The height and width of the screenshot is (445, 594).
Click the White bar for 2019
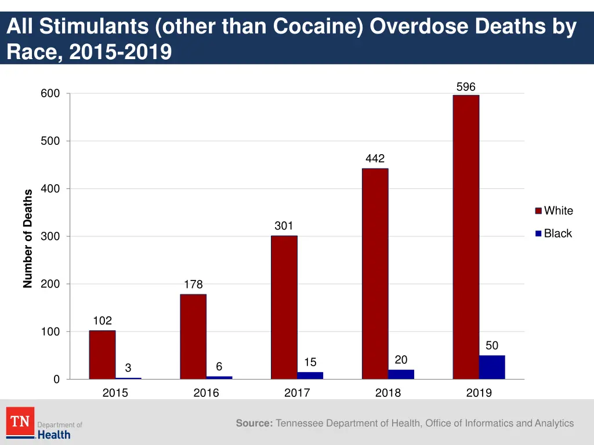click(466, 237)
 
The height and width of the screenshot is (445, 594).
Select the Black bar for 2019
click(492, 367)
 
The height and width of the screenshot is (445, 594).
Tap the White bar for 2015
click(102, 355)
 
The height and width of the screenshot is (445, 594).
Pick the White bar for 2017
click(284, 307)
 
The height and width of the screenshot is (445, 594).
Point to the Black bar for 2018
click(401, 374)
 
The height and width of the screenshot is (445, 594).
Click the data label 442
click(375, 159)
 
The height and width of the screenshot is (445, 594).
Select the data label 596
click(466, 87)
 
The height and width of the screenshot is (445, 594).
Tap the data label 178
click(193, 284)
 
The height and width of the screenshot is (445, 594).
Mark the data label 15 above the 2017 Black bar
click(310, 363)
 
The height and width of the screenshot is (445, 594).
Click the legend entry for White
click(558, 211)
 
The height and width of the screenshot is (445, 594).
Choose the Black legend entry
click(557, 234)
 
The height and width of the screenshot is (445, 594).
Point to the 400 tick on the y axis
click(50, 189)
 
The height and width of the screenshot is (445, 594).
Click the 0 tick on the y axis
click(56, 380)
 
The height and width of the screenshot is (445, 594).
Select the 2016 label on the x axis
click(206, 393)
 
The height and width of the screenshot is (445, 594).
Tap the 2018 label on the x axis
click(387, 393)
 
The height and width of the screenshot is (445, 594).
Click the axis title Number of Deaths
click(28, 239)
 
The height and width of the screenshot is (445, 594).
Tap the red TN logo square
click(20, 421)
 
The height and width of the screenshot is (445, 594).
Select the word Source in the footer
click(254, 424)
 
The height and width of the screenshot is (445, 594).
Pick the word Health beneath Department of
click(54, 435)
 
